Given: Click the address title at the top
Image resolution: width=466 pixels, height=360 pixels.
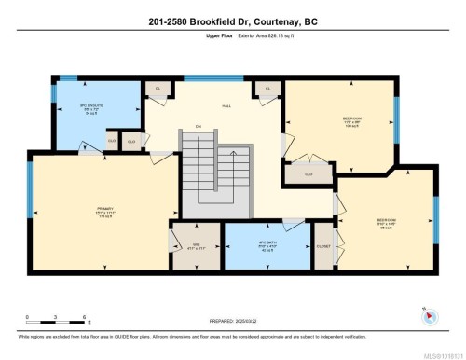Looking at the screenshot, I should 232,22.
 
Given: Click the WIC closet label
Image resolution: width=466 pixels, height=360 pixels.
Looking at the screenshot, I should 197,246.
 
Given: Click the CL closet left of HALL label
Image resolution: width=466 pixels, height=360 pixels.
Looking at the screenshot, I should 158,90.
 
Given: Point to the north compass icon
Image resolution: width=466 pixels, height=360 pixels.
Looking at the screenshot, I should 428,315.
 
